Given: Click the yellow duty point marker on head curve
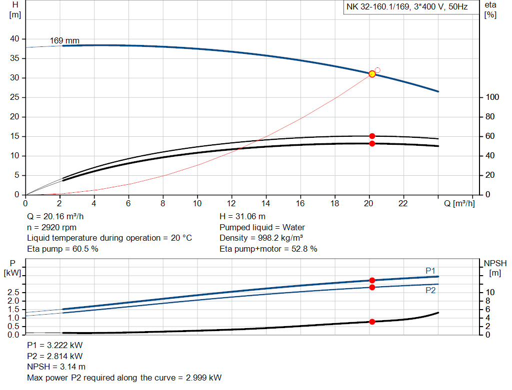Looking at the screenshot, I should coord(372,74).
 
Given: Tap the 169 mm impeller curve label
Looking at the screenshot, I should coord(64,40).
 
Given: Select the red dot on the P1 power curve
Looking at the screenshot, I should coord(372,280).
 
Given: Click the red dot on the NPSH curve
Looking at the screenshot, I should coord(372,322).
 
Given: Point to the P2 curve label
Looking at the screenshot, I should coord(430,290).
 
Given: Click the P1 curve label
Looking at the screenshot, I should coord(430,271).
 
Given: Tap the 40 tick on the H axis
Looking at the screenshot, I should coord(14,39).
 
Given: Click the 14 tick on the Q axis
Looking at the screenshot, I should coord(266,204).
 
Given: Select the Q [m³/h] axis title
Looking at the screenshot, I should coord(459,204).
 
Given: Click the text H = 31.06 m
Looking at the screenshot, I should coord(242,217).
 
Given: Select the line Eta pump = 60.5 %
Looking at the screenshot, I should coord(62,249).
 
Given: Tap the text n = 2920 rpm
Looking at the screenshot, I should coord(51,227).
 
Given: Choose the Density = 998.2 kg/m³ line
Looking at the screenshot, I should coord(261,238).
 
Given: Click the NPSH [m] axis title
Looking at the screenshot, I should coord(495,268).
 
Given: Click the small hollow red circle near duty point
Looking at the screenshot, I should coord(377,70).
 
